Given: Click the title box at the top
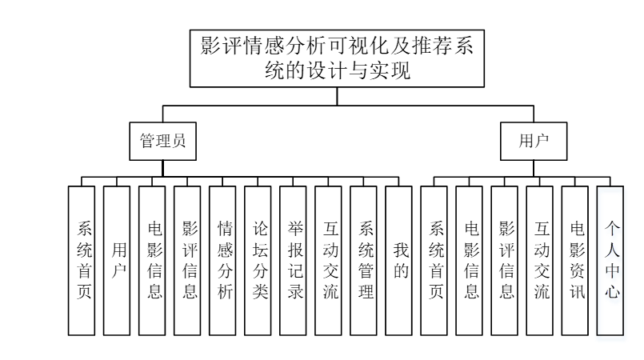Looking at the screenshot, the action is point(337,58).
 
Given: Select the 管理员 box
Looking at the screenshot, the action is point(162,142).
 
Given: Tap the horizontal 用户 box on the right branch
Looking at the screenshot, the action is point(534,142).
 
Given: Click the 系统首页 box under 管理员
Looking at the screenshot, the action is point(82,261).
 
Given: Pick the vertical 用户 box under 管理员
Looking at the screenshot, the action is point(117,261).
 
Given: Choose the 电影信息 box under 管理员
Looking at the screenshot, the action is point(152,261).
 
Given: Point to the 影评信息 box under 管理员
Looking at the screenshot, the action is point(187,261).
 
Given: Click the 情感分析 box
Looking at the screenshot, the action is point(222,261).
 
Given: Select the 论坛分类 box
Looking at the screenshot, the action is point(258,261).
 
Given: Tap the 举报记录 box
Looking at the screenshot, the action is point(293,261).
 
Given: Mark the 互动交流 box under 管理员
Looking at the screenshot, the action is point(328,261).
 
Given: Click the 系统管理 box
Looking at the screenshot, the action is point(363,261).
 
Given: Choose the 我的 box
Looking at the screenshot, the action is point(399,261).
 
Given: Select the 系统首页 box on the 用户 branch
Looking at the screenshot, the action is point(434,261).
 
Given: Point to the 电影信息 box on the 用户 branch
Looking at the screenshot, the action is point(469,261).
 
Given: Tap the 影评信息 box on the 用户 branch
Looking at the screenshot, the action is point(504,261).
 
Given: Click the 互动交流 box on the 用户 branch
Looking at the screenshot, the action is point(540,261).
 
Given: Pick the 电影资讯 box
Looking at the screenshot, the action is point(575,261).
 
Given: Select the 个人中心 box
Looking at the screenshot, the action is point(610,261).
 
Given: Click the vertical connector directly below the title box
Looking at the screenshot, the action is point(337,97).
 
